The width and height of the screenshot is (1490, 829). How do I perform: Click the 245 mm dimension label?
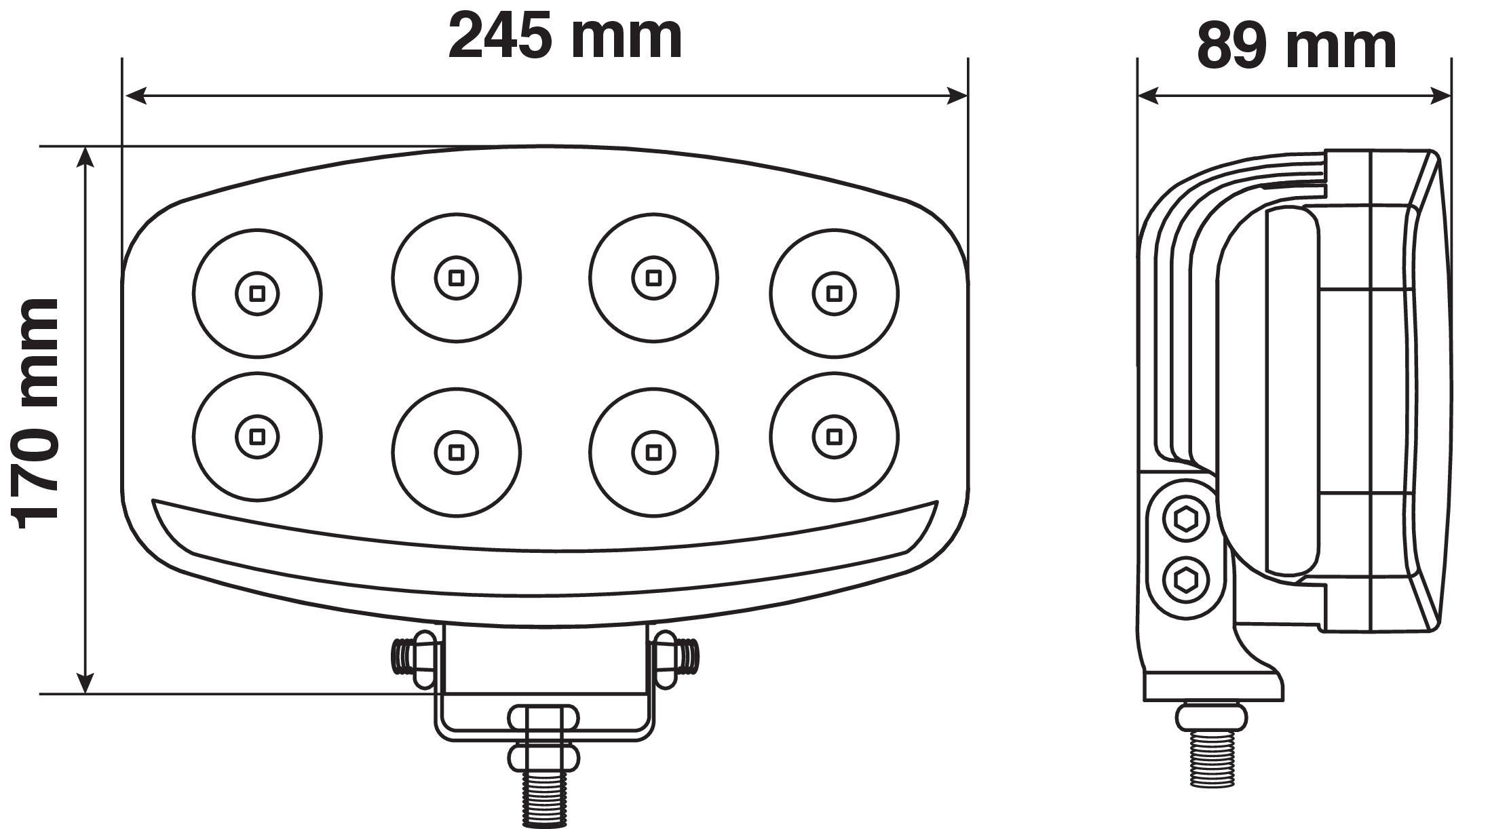pyautogui.click(x=565, y=37)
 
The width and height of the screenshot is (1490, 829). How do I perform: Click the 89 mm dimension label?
pyautogui.click(x=1296, y=47)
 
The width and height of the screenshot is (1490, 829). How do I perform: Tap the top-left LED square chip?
pyautogui.click(x=257, y=293)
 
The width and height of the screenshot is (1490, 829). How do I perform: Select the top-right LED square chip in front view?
pyautogui.click(x=834, y=293)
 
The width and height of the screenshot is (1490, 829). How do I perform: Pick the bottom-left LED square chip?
pyautogui.click(x=257, y=435)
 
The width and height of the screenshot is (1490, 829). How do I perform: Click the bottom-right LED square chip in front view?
pyautogui.click(x=834, y=435)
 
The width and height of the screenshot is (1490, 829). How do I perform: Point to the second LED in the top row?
pyautogui.click(x=456, y=277)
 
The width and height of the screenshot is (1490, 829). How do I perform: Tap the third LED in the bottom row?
pyautogui.click(x=653, y=451)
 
